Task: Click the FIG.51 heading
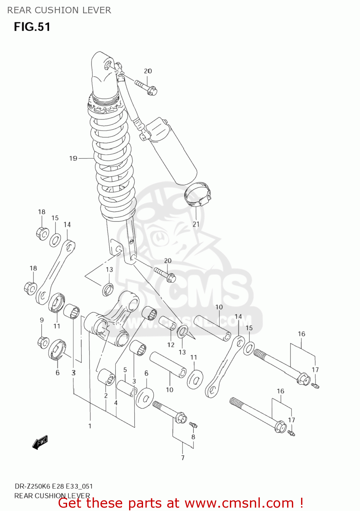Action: coord(32,27)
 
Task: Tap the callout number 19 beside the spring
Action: coord(73,158)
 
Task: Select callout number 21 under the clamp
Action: coord(196,224)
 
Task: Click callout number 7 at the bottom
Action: coord(183,458)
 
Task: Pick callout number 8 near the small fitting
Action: coord(193,437)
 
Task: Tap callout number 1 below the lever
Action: coord(90,426)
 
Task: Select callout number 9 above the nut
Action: coord(42,320)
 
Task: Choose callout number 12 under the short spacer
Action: coord(171,345)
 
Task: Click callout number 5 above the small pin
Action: coord(125,370)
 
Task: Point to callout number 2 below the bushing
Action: coord(106,396)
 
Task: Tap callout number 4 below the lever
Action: coord(116,403)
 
